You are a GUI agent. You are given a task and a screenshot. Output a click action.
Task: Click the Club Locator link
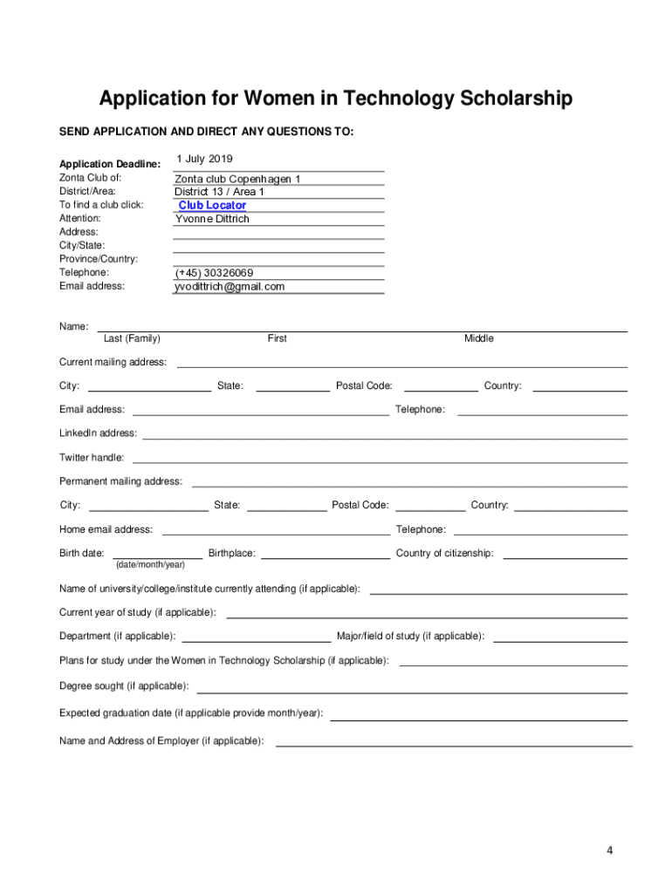point(212,206)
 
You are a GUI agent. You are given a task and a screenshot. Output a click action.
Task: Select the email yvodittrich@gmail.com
point(230,287)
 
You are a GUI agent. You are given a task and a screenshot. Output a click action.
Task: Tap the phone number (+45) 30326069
point(215,273)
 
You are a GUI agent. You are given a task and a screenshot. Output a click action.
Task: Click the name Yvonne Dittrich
point(212,219)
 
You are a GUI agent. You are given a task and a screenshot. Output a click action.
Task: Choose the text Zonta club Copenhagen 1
point(237,179)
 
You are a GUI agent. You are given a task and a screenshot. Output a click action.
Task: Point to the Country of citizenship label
point(444,553)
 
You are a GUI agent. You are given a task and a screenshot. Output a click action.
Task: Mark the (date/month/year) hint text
point(150,565)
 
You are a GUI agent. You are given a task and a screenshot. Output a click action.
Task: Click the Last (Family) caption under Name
point(132,338)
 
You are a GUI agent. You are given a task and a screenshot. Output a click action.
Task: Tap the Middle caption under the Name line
point(478,338)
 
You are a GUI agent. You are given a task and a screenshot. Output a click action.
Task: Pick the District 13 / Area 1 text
point(219,192)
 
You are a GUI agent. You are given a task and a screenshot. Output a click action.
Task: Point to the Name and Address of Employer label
point(161,741)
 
